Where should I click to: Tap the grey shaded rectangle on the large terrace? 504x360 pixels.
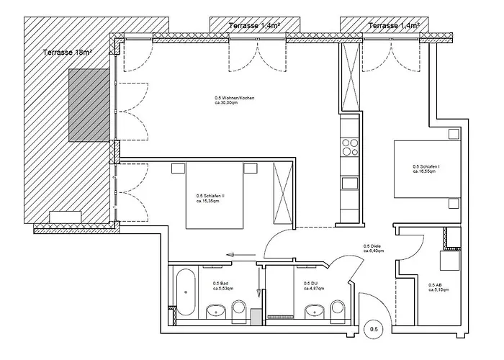point(89,105)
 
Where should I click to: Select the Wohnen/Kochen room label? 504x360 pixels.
point(235,100)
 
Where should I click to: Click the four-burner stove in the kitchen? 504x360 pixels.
point(350,148)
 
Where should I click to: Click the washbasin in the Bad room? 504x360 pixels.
point(215,312)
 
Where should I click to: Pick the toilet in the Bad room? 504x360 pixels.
point(239,310)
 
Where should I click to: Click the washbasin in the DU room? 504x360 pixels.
point(314,312)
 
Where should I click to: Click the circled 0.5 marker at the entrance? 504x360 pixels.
point(374,330)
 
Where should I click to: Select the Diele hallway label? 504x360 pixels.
point(374,248)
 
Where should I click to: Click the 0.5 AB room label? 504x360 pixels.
point(438,287)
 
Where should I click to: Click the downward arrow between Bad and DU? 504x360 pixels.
point(258,288)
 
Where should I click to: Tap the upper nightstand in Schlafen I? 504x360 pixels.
point(451,134)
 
